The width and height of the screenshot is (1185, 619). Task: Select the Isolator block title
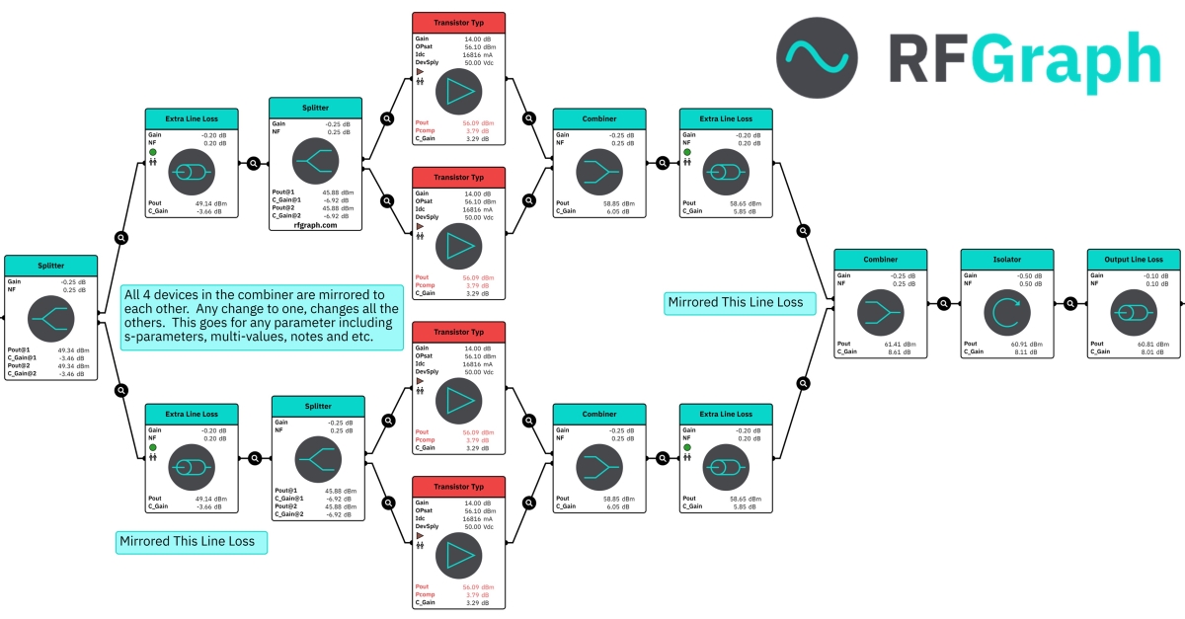(x=1007, y=259)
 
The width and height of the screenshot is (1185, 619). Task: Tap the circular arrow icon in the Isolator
(x=1007, y=313)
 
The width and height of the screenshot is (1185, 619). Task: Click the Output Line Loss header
(x=1133, y=259)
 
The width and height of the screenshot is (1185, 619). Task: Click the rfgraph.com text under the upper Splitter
(x=315, y=225)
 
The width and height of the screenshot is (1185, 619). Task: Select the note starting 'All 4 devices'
(x=262, y=317)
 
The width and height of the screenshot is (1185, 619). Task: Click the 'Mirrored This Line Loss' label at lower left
(x=187, y=541)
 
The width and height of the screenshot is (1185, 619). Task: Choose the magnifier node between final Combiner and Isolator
(x=943, y=305)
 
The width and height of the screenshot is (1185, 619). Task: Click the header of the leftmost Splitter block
(x=51, y=266)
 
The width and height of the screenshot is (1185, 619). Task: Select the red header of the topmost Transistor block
(x=458, y=23)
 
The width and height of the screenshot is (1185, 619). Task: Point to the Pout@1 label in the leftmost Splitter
(x=19, y=349)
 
